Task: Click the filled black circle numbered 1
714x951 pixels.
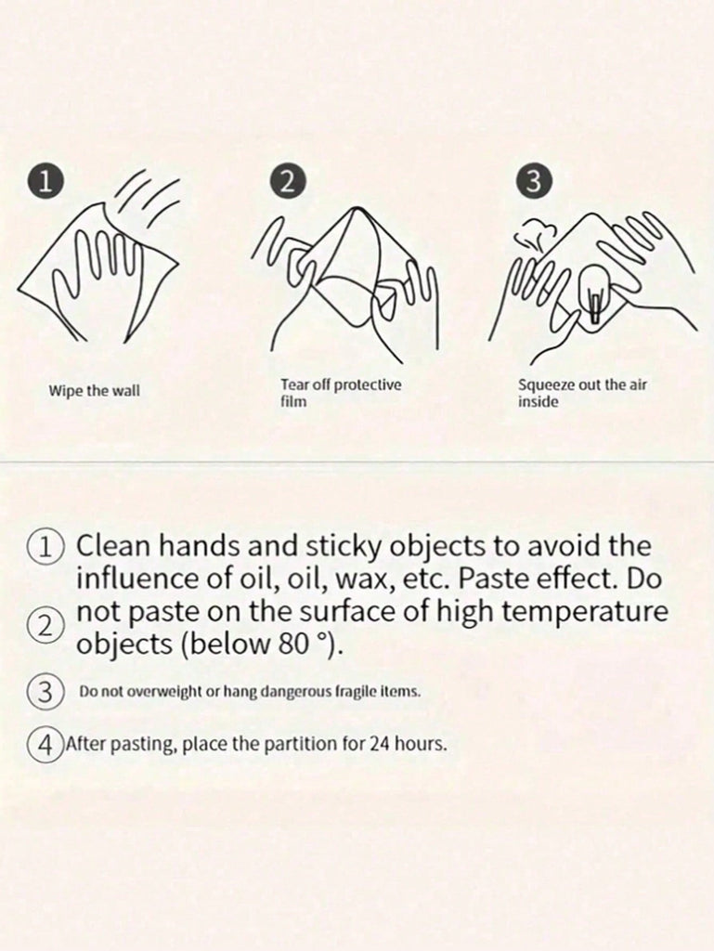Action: [x=45, y=183]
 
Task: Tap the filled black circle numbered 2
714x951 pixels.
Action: [x=288, y=182]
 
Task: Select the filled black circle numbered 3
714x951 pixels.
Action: [x=533, y=182]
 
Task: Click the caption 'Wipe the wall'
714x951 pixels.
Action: [x=94, y=391]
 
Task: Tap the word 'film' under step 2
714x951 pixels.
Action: [x=293, y=401]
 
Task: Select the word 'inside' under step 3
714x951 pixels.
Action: [x=539, y=401]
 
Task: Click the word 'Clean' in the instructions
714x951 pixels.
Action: [x=112, y=545]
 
